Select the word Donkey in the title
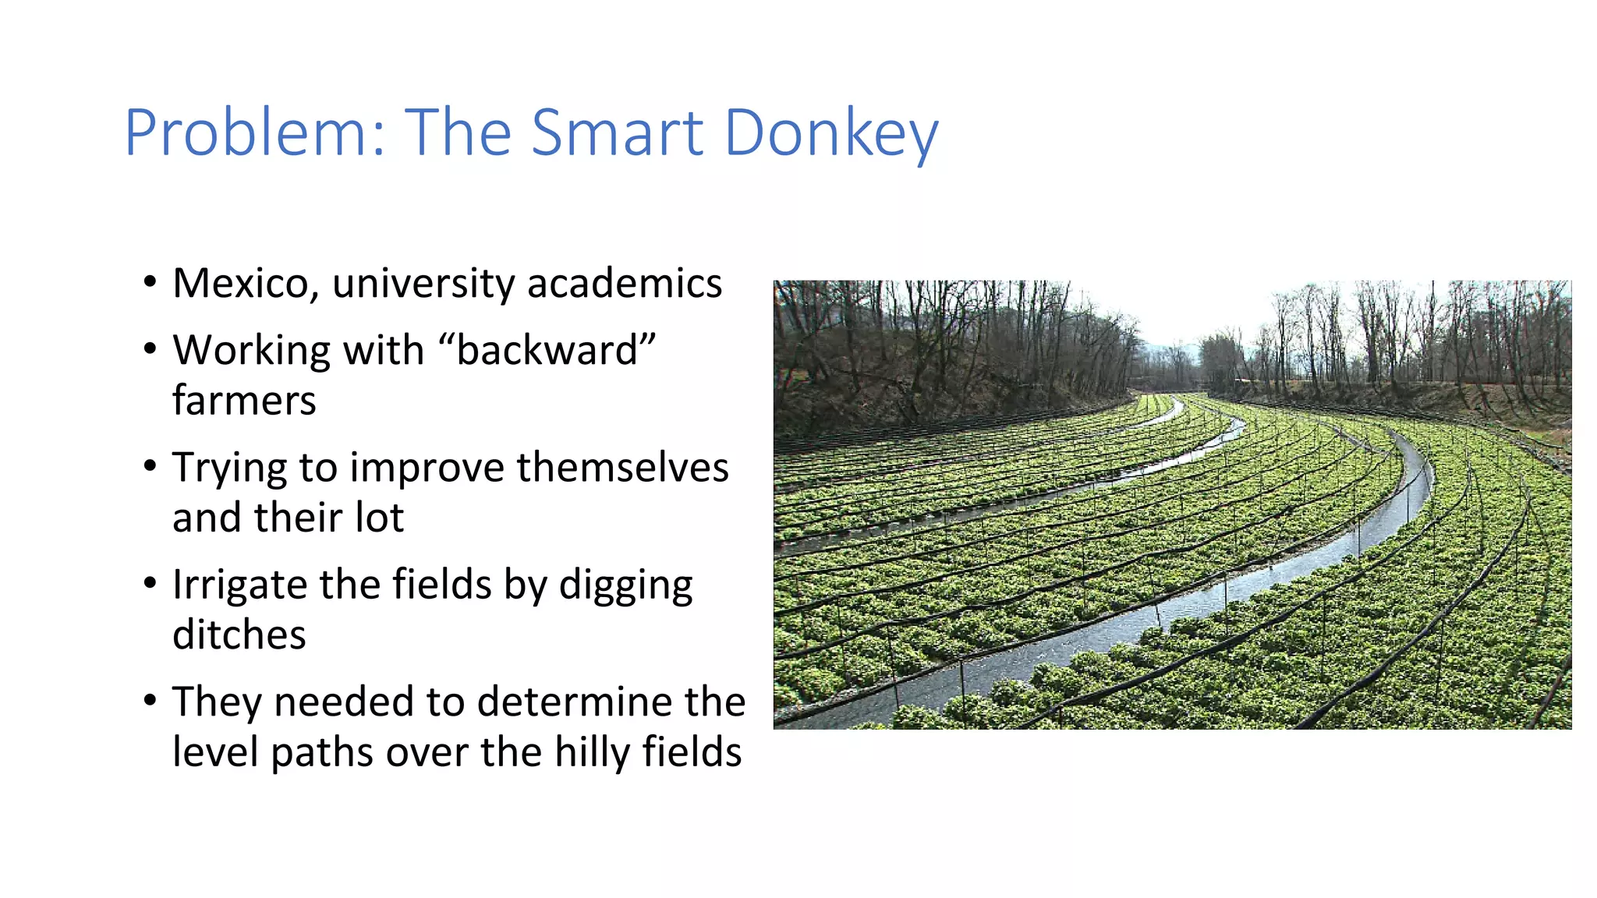[830, 134]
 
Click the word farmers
[244, 401]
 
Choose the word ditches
[239, 635]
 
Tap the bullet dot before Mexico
[150, 281]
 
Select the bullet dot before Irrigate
[150, 583]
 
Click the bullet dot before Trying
[150, 466]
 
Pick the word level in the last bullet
[216, 752]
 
